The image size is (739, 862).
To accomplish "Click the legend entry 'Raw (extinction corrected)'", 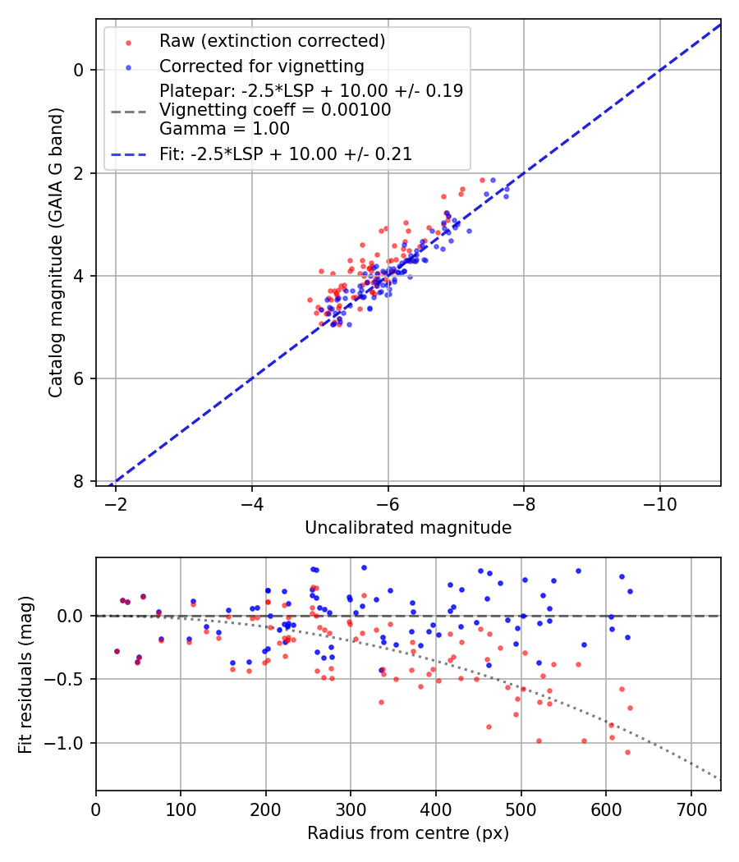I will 272,41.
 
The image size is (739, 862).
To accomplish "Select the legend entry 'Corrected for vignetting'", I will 261,66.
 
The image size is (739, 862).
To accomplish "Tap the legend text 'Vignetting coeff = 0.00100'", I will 275,110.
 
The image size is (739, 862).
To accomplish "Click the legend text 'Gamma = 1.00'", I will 224,129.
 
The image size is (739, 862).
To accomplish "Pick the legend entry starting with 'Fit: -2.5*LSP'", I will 285,154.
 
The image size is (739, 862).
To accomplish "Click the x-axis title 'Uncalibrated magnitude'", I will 408,528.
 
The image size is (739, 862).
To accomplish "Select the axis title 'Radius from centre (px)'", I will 408,833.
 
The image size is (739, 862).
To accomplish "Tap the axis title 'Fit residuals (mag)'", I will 26,673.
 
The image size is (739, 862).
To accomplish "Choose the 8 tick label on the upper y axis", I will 79,481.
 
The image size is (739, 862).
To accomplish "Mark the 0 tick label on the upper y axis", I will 79,70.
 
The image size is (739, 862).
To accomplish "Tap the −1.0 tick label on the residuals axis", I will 67,743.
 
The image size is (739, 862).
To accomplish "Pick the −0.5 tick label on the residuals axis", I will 67,679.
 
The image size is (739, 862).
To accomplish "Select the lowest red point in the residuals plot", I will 627,752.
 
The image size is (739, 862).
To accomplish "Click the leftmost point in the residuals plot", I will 117,651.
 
